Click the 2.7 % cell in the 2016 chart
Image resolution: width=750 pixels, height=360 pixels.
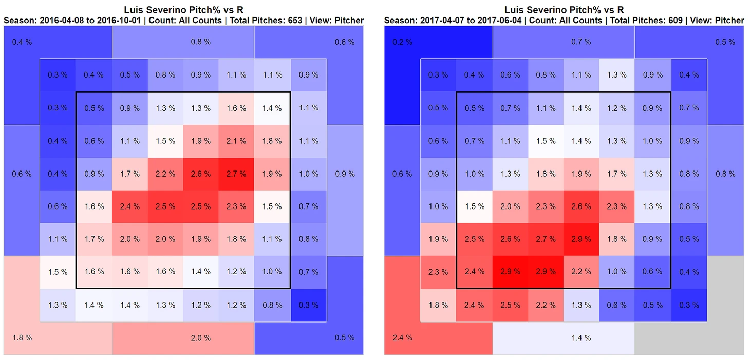pyautogui.click(x=236, y=174)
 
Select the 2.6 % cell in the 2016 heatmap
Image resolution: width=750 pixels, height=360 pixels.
pyautogui.click(x=200, y=174)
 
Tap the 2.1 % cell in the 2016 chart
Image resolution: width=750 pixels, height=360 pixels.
pyautogui.click(x=236, y=141)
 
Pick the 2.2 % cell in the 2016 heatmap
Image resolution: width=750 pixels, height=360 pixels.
pyautogui.click(x=165, y=174)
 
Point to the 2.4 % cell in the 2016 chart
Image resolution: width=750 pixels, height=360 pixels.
pyautogui.click(x=129, y=206)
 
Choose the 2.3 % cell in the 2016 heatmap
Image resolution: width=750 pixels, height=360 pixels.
pyautogui.click(x=236, y=206)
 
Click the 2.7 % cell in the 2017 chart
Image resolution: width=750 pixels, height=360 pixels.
pyautogui.click(x=546, y=239)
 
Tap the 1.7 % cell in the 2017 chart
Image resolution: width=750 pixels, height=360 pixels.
pyautogui.click(x=617, y=174)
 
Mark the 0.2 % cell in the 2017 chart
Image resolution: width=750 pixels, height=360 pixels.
pyautogui.click(x=402, y=42)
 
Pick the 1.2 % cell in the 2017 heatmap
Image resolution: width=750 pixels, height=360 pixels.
pyautogui.click(x=617, y=108)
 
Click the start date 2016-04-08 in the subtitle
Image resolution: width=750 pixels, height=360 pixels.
pyautogui.click(x=54, y=21)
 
